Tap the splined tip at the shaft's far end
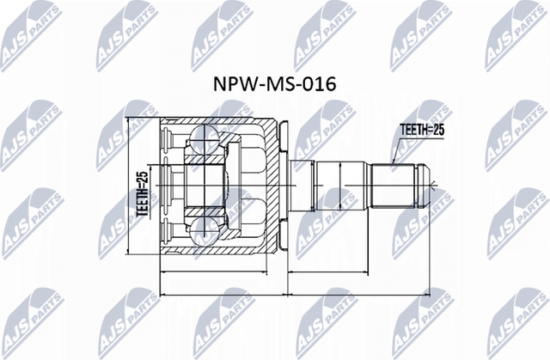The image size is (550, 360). (x=423, y=183)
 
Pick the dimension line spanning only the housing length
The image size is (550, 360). (x=223, y=272)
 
